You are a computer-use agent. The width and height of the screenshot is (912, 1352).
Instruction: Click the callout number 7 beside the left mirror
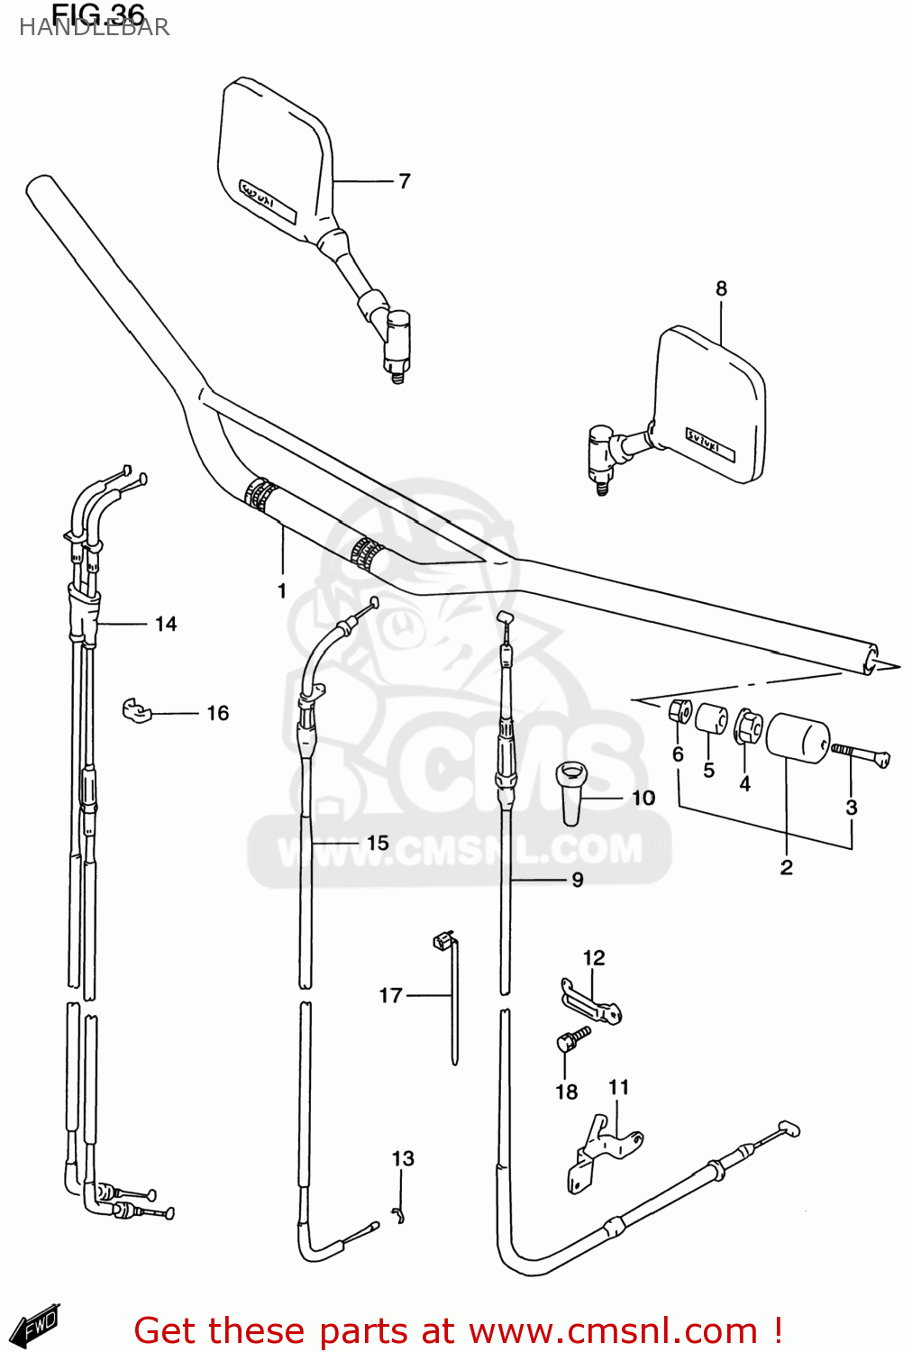(x=405, y=181)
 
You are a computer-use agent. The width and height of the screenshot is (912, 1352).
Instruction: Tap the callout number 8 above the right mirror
(x=721, y=288)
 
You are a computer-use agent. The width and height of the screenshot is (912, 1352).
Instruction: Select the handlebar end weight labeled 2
(x=797, y=737)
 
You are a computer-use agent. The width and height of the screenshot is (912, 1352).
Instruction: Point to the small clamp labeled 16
(x=136, y=710)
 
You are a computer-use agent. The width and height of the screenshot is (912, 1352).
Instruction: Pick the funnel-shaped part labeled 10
(x=571, y=792)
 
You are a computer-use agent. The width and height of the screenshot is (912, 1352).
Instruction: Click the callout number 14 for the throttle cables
(x=166, y=624)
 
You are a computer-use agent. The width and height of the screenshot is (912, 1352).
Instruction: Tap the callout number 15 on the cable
(x=378, y=843)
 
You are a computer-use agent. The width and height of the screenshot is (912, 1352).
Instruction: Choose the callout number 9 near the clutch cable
(x=578, y=880)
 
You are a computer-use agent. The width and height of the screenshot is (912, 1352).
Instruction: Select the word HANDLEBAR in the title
(x=94, y=28)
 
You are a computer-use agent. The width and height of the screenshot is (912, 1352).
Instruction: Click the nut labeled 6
(x=680, y=712)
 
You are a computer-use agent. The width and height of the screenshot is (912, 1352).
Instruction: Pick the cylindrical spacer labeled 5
(x=711, y=720)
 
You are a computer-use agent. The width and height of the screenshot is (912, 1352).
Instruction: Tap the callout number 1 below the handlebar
(x=282, y=591)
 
